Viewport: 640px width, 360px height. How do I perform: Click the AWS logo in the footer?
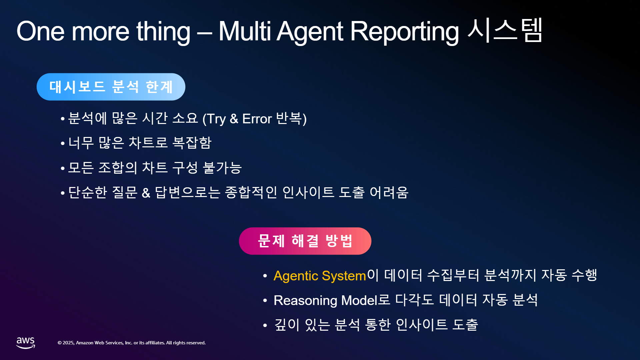[x=26, y=343]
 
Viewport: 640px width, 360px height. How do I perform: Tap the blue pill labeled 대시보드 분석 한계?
[x=111, y=87]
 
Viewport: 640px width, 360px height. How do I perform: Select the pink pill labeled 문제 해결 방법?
[x=305, y=241]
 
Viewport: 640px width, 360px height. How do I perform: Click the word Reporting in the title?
[x=404, y=32]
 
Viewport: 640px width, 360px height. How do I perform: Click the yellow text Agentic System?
[x=320, y=276]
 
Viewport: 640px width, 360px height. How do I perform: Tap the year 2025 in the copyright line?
[x=68, y=343]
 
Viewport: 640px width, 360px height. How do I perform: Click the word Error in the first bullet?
[x=257, y=119]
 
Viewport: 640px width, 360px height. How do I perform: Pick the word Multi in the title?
[x=245, y=31]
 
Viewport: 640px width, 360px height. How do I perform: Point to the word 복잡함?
[x=192, y=143]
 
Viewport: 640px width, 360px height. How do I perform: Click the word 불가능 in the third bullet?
[x=222, y=167]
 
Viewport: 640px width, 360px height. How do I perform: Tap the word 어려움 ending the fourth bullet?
[x=389, y=192]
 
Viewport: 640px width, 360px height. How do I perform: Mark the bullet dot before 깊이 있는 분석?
[x=265, y=325]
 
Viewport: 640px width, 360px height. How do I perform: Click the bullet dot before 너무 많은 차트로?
[x=63, y=143]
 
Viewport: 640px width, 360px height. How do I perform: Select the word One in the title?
[x=40, y=31]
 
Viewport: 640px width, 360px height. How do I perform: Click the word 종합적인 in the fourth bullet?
[x=251, y=192]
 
